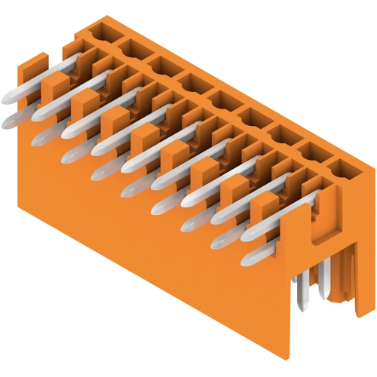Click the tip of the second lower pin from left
[x=38, y=138]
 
